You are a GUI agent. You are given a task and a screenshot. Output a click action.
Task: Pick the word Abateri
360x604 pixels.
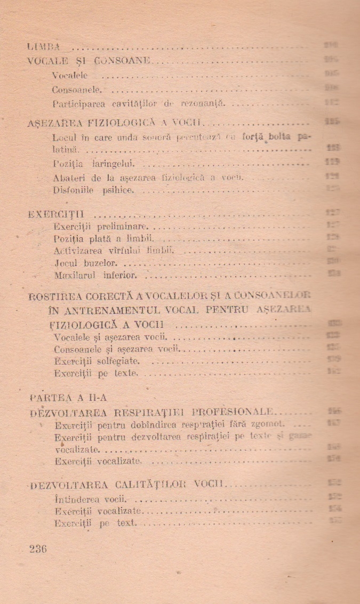[x=68, y=176]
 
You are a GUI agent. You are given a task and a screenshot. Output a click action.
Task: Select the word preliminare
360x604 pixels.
[x=118, y=227]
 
